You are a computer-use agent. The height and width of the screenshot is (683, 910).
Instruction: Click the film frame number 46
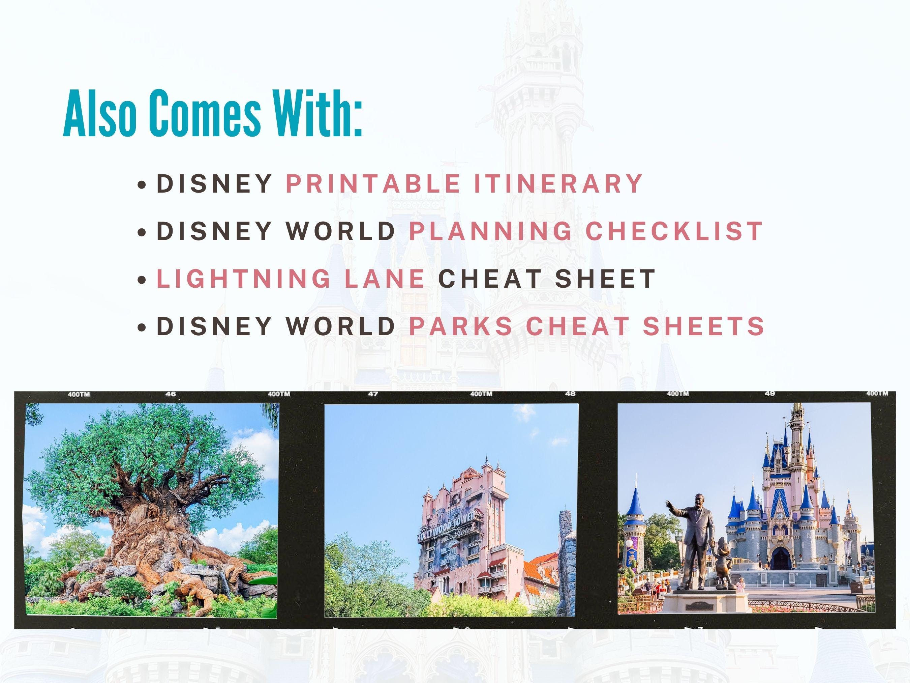pos(171,394)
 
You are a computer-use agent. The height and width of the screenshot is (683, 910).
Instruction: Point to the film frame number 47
pos(373,394)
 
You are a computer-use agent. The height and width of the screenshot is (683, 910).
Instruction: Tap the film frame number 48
pos(570,394)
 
